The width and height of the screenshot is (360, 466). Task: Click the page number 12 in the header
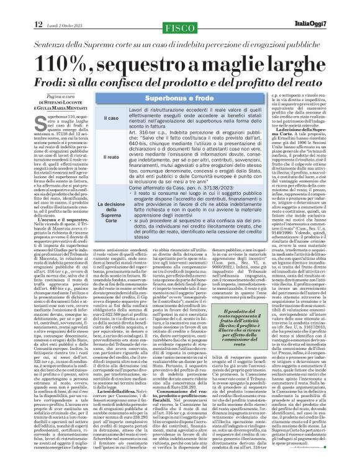tap(20, 7)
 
